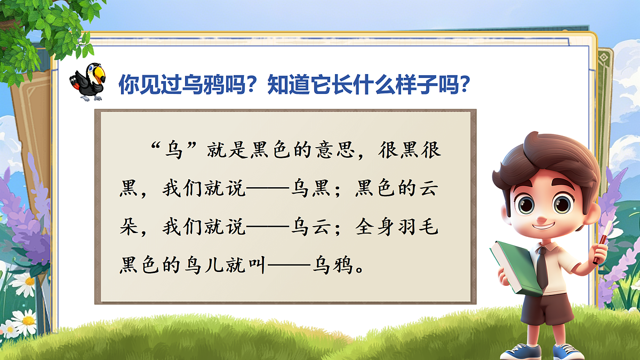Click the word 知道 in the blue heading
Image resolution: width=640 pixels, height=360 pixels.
(286, 83)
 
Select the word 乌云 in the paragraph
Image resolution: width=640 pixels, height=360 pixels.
(313, 228)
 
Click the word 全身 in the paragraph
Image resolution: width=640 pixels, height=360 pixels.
(377, 228)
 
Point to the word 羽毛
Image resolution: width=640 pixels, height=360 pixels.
(419, 228)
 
